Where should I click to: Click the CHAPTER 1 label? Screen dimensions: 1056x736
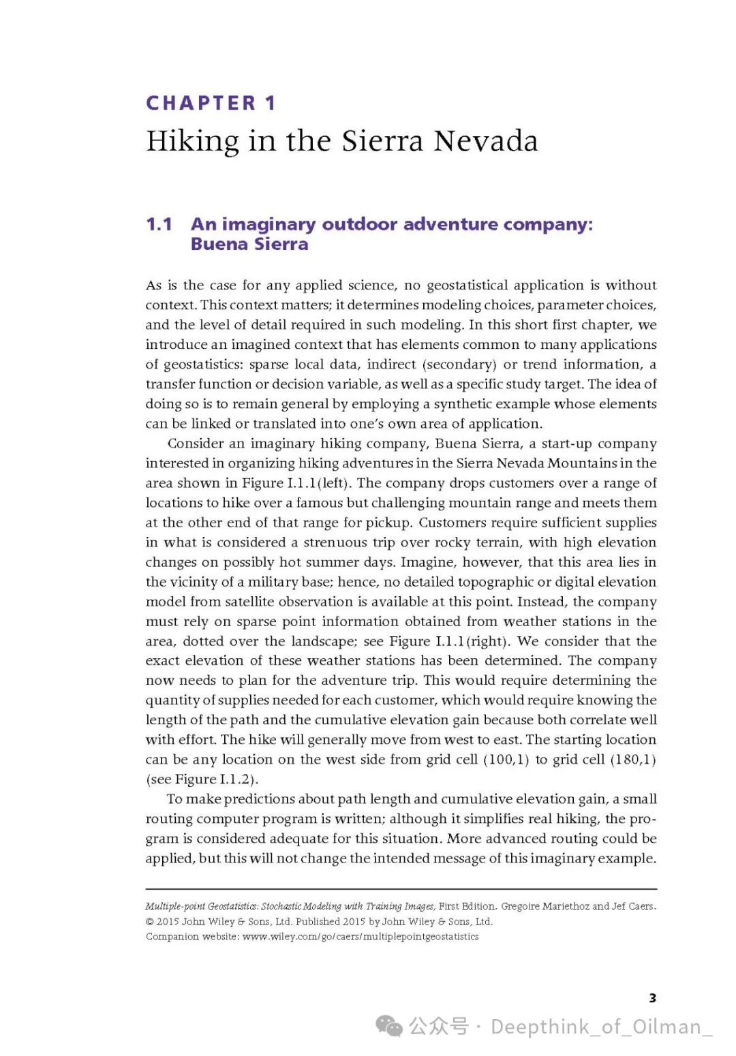(x=211, y=103)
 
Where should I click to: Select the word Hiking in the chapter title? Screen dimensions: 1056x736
(x=193, y=141)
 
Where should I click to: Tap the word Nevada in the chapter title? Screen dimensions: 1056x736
(x=486, y=141)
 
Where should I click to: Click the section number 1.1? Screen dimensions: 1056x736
(x=159, y=224)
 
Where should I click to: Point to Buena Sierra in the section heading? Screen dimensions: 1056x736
(x=249, y=244)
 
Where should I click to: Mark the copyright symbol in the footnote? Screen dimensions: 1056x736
(x=150, y=922)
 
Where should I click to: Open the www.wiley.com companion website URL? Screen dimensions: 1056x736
(x=360, y=937)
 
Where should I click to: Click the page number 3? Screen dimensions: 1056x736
(x=652, y=998)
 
